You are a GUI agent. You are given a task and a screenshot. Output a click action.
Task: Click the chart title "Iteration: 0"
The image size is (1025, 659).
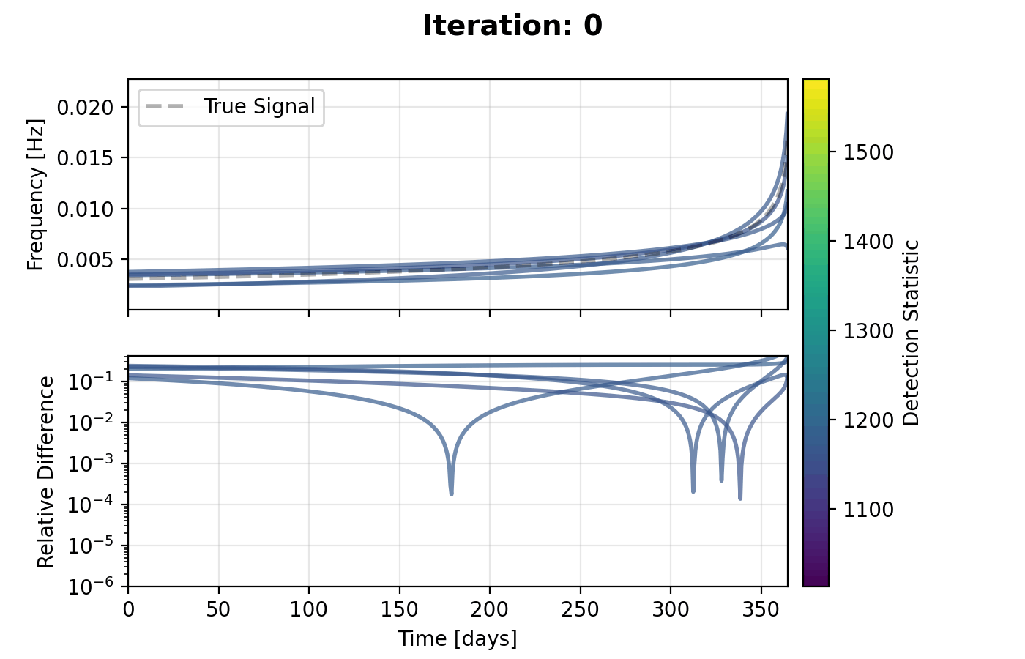point(512,26)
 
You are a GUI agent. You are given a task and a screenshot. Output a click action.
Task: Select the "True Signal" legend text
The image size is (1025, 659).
point(259,107)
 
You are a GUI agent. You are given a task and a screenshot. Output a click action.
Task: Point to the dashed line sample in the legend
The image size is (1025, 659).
point(165,107)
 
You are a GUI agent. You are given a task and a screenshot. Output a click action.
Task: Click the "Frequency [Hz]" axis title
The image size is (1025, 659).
point(37,195)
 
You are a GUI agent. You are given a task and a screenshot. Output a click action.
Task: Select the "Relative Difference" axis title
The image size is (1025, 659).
point(46,472)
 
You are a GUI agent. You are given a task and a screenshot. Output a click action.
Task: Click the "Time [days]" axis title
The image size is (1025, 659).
point(458,639)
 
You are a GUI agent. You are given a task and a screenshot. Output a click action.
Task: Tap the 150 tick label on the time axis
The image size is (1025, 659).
point(399,609)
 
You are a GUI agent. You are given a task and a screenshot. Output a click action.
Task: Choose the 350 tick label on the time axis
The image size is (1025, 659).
point(761,609)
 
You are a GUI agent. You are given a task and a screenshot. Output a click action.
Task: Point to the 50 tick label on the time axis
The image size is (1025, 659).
point(218,609)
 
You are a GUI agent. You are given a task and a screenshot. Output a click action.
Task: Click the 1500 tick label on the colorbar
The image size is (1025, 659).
point(869,152)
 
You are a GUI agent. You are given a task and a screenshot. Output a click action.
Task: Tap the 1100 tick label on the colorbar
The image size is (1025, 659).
point(869,510)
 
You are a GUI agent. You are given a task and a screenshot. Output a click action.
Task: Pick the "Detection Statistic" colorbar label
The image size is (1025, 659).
point(912,332)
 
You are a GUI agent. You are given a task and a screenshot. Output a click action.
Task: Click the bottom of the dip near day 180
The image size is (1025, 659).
point(451,494)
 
